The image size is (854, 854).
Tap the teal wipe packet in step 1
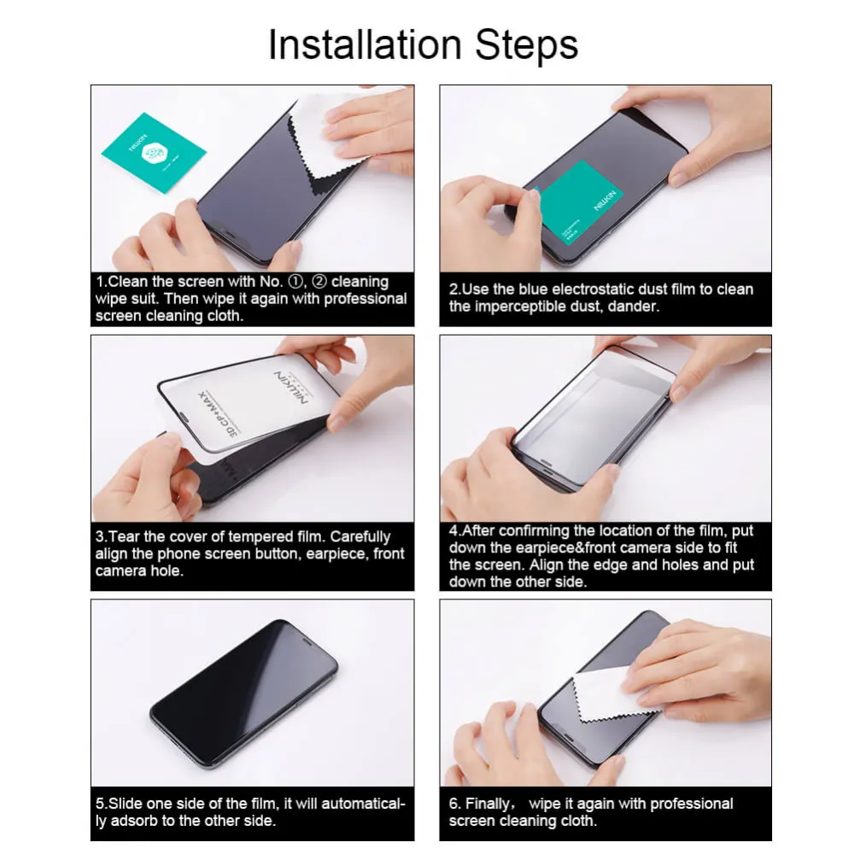[x=154, y=152]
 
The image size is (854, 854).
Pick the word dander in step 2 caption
[x=633, y=307]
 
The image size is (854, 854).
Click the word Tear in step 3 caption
[x=126, y=537]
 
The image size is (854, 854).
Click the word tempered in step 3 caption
[x=256, y=537]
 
